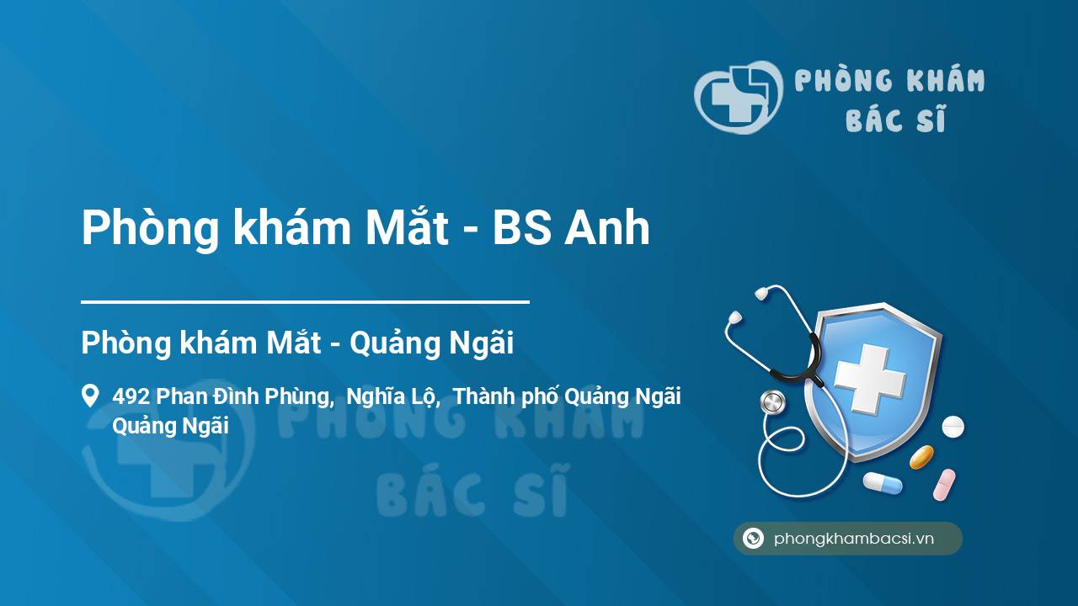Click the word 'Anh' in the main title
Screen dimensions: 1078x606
pyautogui.click(x=607, y=227)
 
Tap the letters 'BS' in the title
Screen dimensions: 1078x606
pyautogui.click(x=521, y=227)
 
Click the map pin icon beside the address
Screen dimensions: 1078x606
pyautogui.click(x=90, y=396)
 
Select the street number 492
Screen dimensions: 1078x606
pyautogui.click(x=131, y=396)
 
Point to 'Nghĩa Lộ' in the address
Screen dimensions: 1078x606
pyautogui.click(x=392, y=396)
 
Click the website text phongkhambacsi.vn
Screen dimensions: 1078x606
pyautogui.click(x=854, y=539)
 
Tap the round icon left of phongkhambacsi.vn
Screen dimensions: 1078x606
pyautogui.click(x=753, y=538)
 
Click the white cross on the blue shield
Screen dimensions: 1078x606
pyautogui.click(x=870, y=378)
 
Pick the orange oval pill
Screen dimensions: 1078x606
pyautogui.click(x=921, y=457)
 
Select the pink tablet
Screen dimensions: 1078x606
pyautogui.click(x=944, y=485)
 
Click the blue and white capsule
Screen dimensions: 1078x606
pyautogui.click(x=883, y=482)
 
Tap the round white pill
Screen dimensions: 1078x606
pyautogui.click(x=953, y=426)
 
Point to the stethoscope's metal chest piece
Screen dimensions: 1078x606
pyautogui.click(x=772, y=402)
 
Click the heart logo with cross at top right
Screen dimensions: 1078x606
pyautogui.click(x=738, y=97)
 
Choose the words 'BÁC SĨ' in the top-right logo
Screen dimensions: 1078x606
pyautogui.click(x=895, y=119)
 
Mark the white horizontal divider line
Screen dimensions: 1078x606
pyautogui.click(x=305, y=302)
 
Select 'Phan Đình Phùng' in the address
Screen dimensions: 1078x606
pyautogui.click(x=244, y=396)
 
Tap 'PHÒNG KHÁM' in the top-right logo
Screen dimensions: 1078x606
pyautogui.click(x=889, y=80)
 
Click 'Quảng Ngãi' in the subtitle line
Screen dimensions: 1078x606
pyautogui.click(x=431, y=343)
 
